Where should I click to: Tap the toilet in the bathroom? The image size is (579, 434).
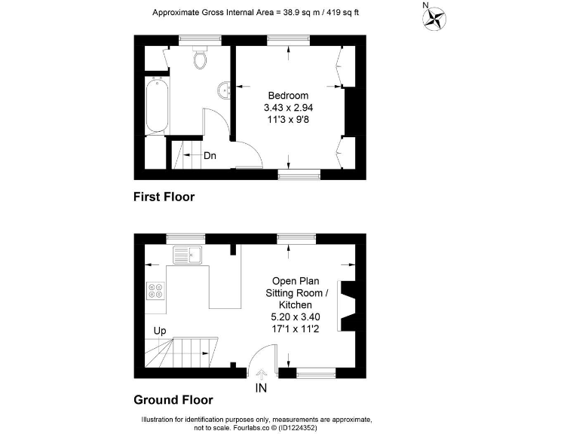(x=201, y=57)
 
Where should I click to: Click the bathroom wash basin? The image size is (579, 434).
(x=225, y=91)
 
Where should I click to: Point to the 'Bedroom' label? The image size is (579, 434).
(x=289, y=96)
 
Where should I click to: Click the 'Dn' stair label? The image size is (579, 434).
(x=210, y=156)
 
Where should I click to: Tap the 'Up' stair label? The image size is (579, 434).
(x=160, y=330)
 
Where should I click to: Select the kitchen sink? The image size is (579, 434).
(x=188, y=255)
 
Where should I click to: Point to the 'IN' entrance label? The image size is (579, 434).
(x=261, y=389)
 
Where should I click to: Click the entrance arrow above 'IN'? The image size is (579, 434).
(x=262, y=373)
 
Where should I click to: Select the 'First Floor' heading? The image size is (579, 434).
(x=164, y=197)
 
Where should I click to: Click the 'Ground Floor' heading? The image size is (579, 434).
(x=173, y=400)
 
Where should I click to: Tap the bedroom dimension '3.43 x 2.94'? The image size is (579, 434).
(x=289, y=108)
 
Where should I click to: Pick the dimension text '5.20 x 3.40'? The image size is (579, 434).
(x=296, y=316)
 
